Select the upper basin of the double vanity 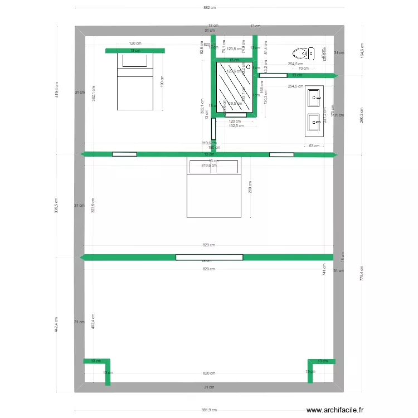pyautogui.click(x=314, y=98)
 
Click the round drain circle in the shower pyautogui.click(x=248, y=66)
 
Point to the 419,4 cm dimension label pyautogui.click(x=57, y=89)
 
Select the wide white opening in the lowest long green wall pyautogui.click(x=209, y=257)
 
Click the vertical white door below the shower pyautogui.click(x=213, y=129)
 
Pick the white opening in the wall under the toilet pyautogui.click(x=273, y=75)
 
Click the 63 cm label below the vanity pyautogui.click(x=314, y=145)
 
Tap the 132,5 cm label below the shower pyautogui.click(x=236, y=125)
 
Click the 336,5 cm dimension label pyautogui.click(x=57, y=206)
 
